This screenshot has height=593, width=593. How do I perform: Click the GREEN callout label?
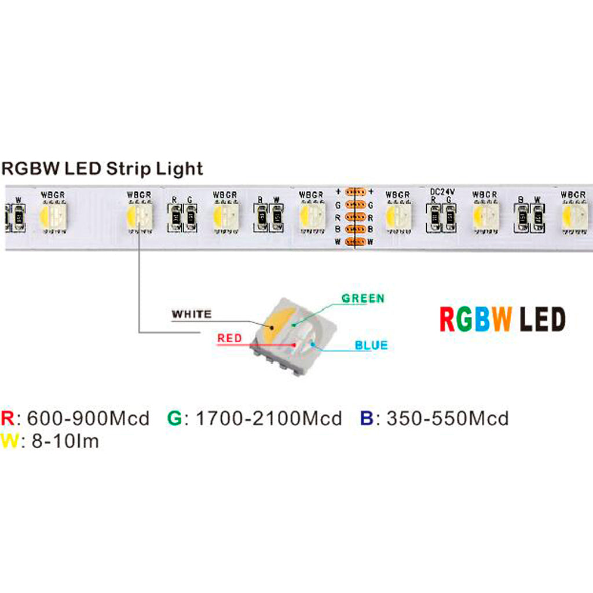(363, 299)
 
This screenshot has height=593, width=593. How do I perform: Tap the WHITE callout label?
(192, 314)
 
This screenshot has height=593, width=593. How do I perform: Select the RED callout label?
(230, 338)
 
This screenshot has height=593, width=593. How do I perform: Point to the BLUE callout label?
(371, 346)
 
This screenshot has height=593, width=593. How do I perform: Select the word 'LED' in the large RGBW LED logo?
(542, 320)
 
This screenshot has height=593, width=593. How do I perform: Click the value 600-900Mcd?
(88, 418)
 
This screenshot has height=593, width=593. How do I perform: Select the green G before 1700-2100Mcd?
(174, 418)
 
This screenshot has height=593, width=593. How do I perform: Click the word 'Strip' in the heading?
(128, 169)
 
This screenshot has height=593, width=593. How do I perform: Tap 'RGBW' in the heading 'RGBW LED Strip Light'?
(30, 169)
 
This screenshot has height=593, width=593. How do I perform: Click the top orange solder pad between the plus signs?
(353, 192)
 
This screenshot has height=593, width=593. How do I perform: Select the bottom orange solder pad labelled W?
(353, 241)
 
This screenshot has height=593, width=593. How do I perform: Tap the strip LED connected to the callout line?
(139, 217)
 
